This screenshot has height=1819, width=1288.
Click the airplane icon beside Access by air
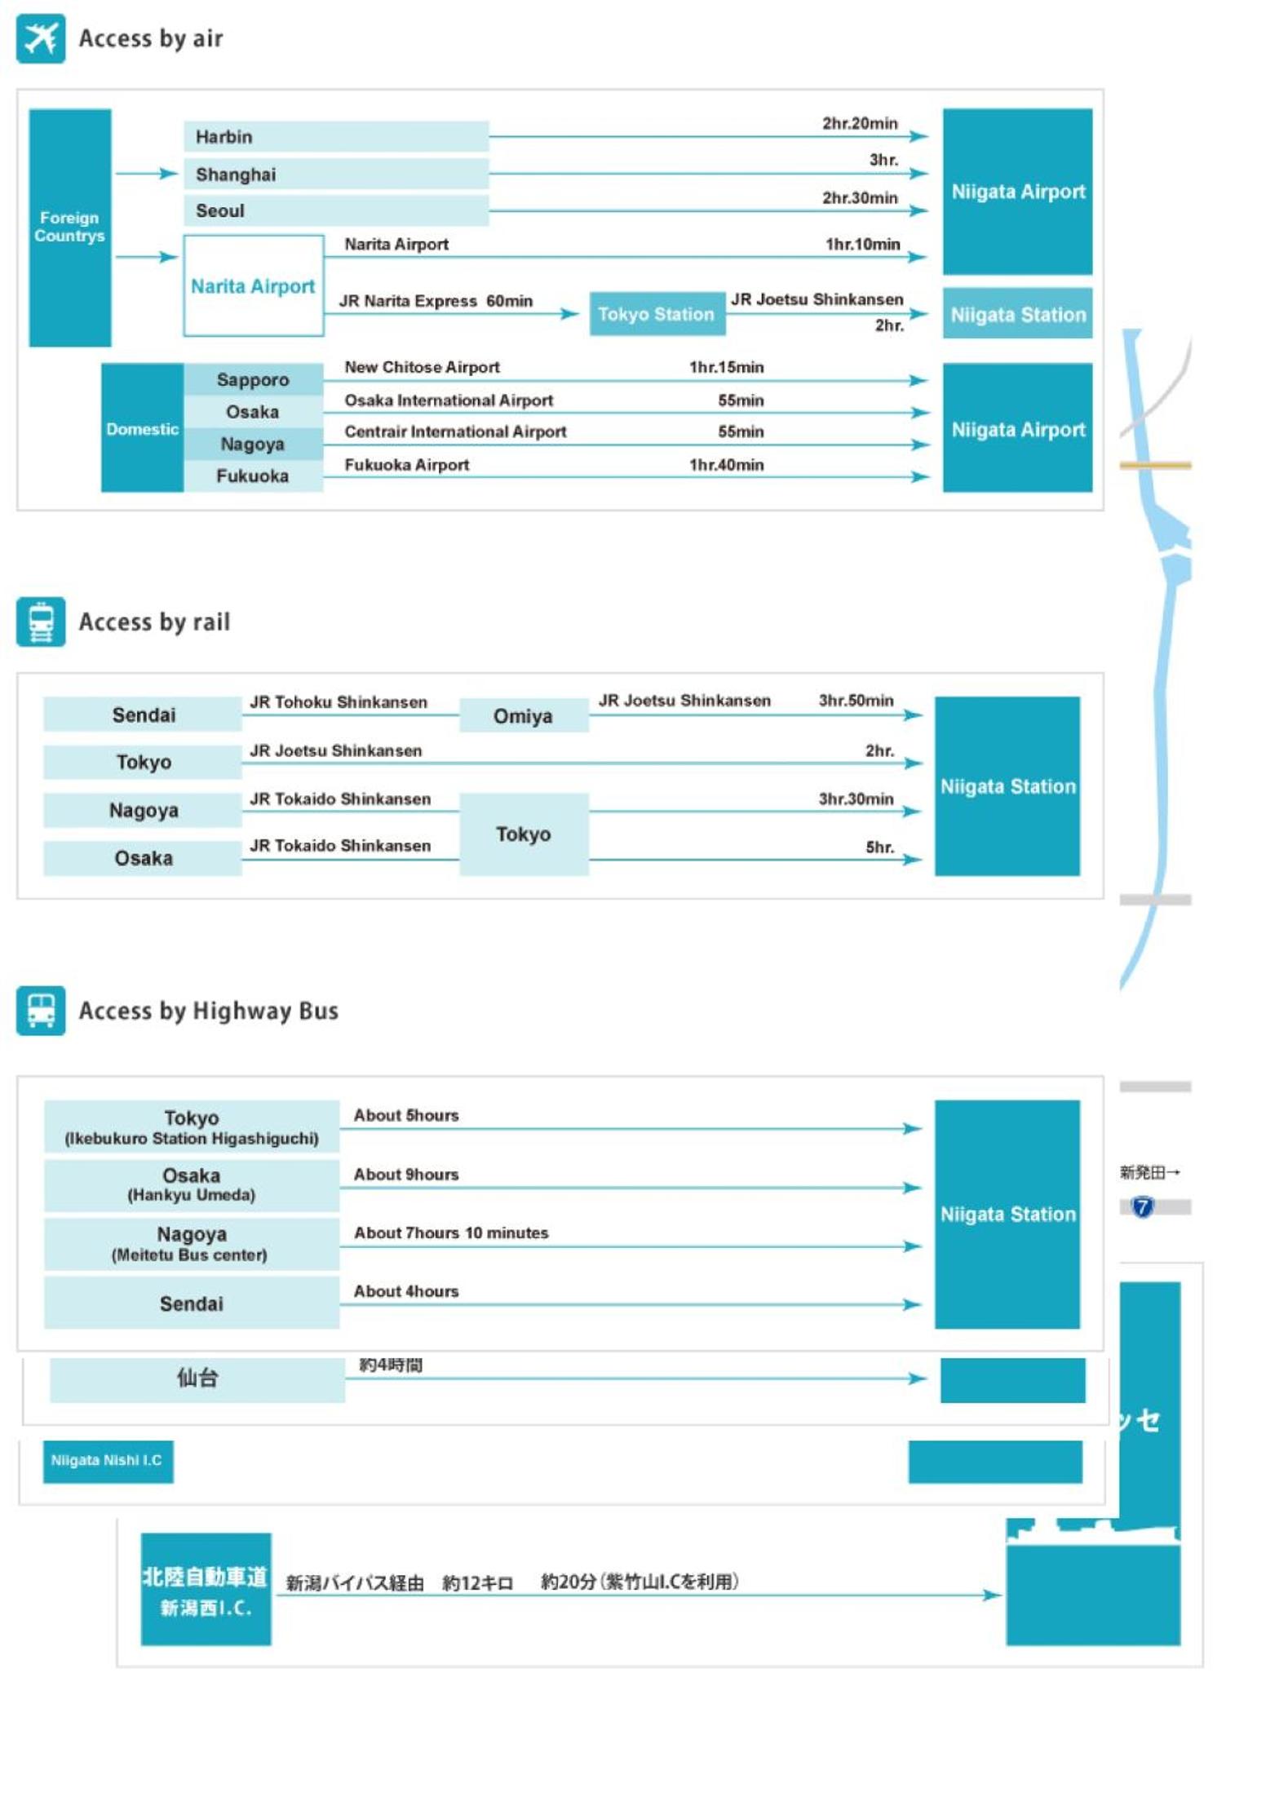41,38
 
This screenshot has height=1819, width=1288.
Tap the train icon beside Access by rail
41,622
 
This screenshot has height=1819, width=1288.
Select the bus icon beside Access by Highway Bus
41,1011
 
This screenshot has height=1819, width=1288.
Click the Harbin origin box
336,137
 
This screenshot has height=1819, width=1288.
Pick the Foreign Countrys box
70,228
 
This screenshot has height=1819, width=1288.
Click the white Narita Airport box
254,285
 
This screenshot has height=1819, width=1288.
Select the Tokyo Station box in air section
657,314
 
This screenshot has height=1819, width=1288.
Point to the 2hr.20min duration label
860,123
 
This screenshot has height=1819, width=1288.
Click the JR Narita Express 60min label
436,301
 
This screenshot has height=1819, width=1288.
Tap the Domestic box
142,428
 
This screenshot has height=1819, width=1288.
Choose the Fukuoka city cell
253,476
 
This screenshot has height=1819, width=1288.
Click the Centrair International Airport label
455,432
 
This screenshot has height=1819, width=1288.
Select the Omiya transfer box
524,715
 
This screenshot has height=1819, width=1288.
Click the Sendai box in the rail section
143,715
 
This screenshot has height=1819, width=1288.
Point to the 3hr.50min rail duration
856,701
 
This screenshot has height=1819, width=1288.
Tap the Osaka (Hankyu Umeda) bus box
192,1185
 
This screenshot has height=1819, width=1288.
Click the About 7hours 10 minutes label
451,1233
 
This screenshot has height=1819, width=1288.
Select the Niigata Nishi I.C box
108,1461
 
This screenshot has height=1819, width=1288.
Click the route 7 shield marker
1143,1206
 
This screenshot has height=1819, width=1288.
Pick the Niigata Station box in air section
1018,314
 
